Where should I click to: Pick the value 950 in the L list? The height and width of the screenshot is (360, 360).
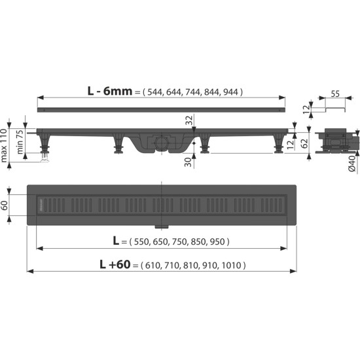218,241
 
